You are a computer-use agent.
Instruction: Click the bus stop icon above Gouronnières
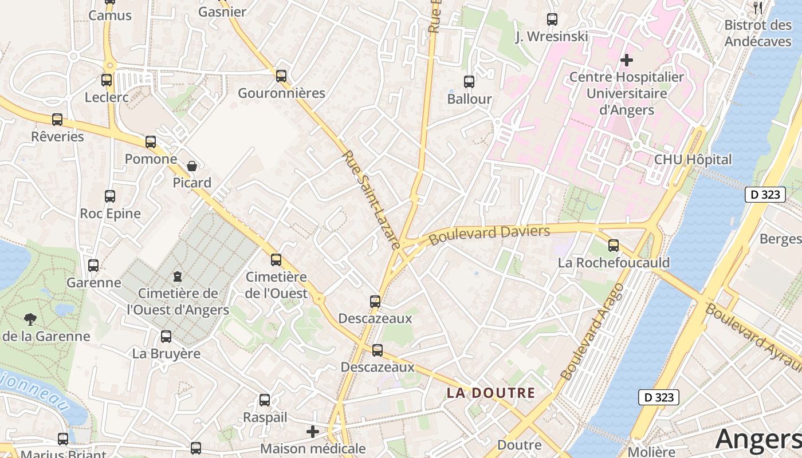pos(281,76)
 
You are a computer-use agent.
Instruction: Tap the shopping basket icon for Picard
pos(192,166)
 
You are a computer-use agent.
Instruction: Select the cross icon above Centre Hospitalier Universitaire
pos(627,60)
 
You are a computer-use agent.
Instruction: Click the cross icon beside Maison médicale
pos(313,431)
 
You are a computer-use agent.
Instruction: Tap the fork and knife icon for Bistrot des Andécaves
pos(758,7)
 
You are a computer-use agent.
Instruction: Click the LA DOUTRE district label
pos(491,393)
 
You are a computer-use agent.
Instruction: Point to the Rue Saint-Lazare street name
pos(371,199)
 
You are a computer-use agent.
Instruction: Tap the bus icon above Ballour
pos(469,81)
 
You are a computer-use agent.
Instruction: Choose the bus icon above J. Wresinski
pos(552,19)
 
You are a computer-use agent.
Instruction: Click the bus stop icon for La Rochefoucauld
pos(614,246)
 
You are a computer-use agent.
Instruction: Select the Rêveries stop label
pos(57,137)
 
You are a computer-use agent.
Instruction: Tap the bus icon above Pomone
pos(151,141)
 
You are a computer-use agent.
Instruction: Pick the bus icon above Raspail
pos(265,400)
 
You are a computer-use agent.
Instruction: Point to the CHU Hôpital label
pos(693,160)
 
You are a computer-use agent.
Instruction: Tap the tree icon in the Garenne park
pos(30,319)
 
